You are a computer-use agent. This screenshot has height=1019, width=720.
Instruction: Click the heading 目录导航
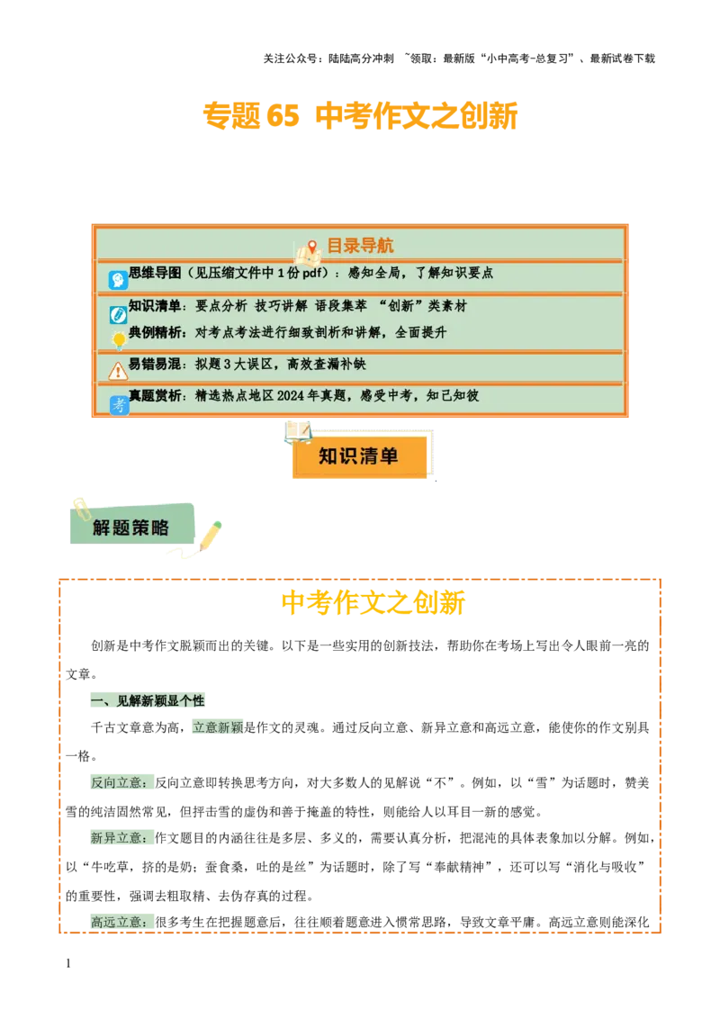[359, 246]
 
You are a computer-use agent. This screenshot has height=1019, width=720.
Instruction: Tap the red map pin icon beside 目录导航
[312, 247]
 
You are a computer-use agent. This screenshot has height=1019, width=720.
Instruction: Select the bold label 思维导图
[155, 273]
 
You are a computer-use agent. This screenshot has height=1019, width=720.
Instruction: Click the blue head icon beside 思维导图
[118, 280]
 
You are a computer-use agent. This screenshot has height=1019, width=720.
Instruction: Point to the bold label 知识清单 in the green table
[155, 306]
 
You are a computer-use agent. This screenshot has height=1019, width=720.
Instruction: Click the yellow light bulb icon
[118, 339]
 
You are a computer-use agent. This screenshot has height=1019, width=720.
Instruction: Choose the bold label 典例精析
[155, 332]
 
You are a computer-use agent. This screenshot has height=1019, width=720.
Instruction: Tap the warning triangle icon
[118, 371]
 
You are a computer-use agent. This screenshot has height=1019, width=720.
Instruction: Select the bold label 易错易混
[155, 364]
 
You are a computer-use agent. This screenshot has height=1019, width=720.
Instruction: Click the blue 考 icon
[119, 405]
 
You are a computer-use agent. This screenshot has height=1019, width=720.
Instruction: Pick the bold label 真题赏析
[155, 395]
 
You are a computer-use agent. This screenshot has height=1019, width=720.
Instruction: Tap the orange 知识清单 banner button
[359, 456]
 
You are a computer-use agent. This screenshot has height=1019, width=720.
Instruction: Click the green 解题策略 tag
[131, 528]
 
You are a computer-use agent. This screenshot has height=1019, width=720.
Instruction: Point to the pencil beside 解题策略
[210, 535]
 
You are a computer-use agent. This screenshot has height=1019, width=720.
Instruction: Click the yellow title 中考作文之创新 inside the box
[373, 602]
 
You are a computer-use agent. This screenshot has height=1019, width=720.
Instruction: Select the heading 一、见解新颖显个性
[148, 701]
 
